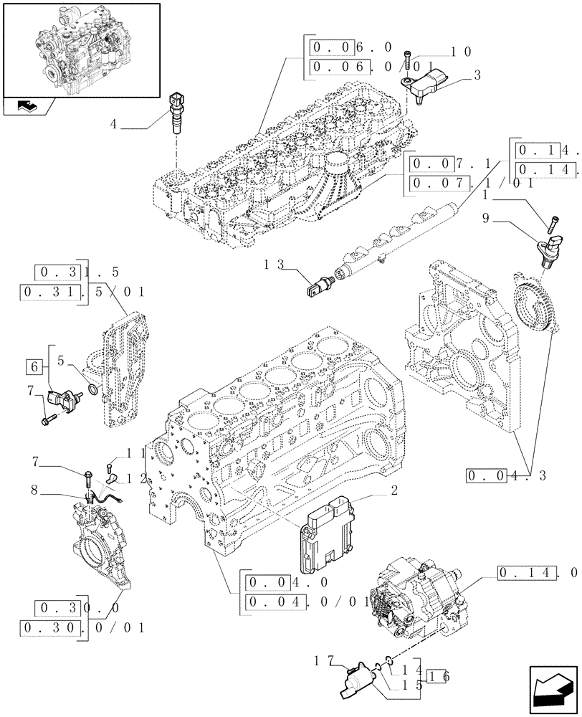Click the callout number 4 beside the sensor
point(113,125)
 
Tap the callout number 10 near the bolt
point(461,52)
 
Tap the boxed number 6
point(33,366)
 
